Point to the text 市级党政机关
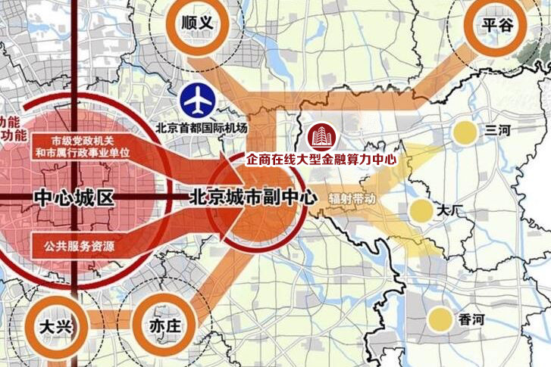click(x=84, y=141)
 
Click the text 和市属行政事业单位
click(x=83, y=153)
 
